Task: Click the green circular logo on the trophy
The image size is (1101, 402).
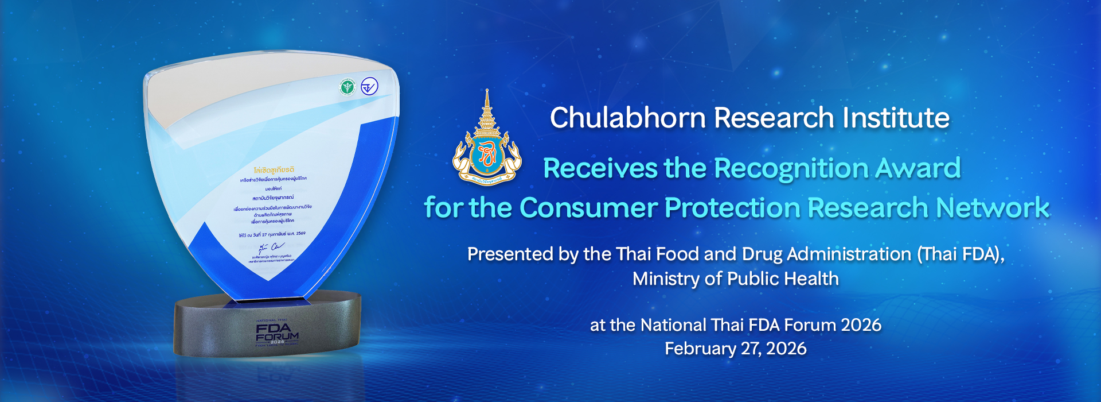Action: click(x=348, y=87)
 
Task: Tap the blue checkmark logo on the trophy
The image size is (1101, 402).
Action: click(x=369, y=87)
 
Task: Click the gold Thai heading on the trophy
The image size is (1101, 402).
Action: click(x=274, y=170)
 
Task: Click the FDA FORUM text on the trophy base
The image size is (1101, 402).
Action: click(x=277, y=332)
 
